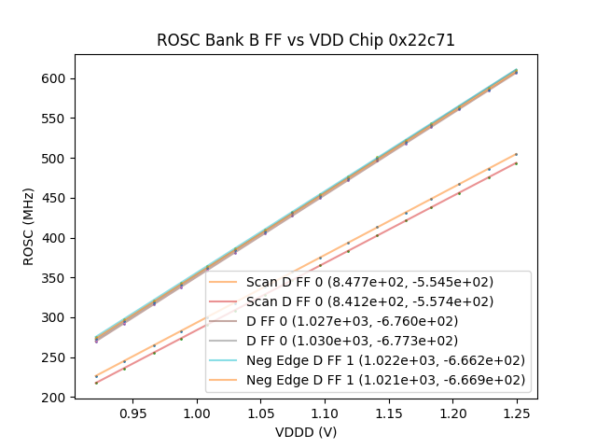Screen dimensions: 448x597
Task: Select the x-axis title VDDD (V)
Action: point(306,432)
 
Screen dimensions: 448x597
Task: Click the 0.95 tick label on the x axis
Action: point(133,413)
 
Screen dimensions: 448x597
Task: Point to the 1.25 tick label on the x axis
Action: point(516,413)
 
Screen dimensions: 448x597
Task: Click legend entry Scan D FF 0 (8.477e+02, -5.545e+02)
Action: point(369,282)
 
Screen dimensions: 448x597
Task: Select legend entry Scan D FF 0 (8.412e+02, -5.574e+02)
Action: point(369,301)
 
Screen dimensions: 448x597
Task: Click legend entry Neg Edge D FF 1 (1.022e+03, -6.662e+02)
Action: point(385,360)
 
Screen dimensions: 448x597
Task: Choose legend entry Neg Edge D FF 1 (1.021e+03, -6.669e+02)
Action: point(385,380)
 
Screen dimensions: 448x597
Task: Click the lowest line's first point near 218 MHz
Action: point(96,383)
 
